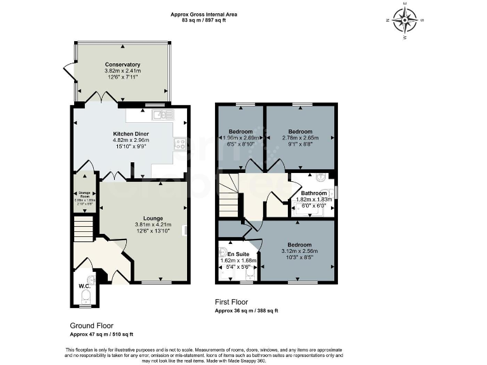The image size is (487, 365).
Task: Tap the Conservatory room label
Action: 122,65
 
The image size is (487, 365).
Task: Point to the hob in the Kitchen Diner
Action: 180,144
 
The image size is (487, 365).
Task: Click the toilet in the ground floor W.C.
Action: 88,297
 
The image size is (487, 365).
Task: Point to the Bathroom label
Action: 313,193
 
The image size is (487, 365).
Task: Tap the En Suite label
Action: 239,253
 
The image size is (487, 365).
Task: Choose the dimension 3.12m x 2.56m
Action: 299,252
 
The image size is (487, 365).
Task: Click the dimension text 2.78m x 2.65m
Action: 300,138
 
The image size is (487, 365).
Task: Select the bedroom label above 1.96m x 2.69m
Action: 240,131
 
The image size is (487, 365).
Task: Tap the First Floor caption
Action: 231,302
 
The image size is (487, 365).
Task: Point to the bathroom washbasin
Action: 321,177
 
